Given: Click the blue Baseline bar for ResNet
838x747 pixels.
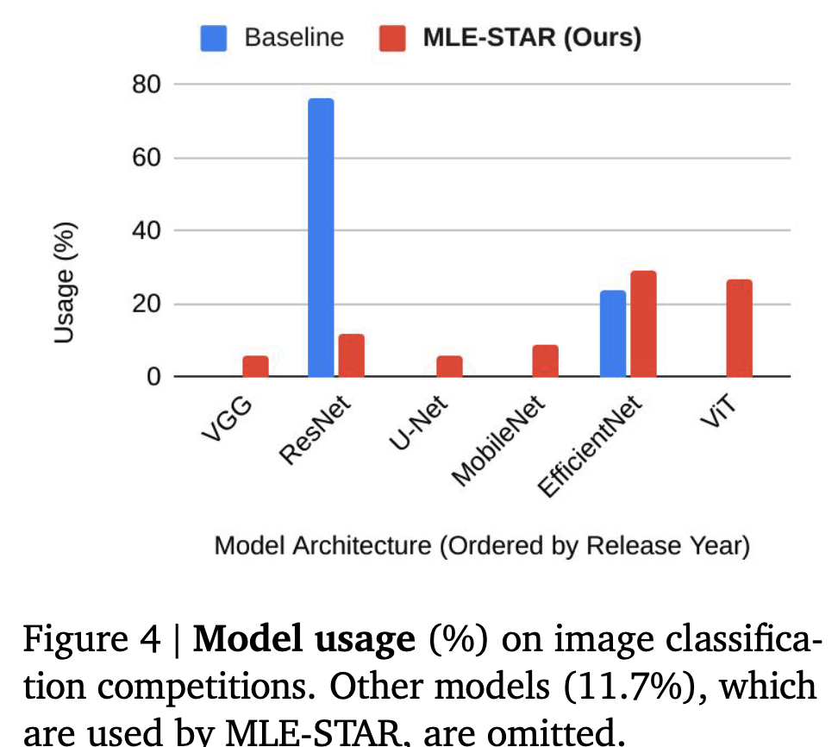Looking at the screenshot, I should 321,237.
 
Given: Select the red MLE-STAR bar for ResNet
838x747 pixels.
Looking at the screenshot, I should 351,355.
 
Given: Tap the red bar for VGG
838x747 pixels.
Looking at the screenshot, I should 255,367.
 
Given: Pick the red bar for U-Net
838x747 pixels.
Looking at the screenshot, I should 449,367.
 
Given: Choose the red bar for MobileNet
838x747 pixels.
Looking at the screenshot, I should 545,361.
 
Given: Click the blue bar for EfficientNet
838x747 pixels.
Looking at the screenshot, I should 613,334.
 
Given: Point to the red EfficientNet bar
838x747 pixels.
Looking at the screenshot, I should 643,323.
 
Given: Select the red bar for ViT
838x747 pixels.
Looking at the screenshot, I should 739,328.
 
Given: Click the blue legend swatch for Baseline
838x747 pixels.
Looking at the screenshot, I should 213,37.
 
